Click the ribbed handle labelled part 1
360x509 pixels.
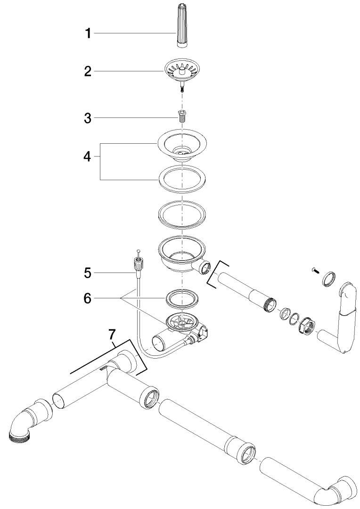[182, 25]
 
